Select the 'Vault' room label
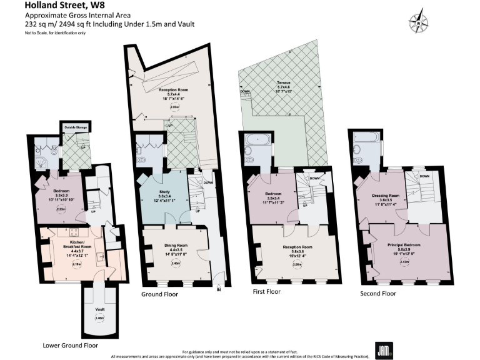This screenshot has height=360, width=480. click(100, 309)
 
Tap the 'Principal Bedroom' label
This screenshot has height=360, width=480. click(404, 244)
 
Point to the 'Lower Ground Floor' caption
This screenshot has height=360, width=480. click(70, 344)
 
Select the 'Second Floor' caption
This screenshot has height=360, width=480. click(378, 293)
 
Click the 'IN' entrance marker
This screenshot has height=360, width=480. click(219, 290)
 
